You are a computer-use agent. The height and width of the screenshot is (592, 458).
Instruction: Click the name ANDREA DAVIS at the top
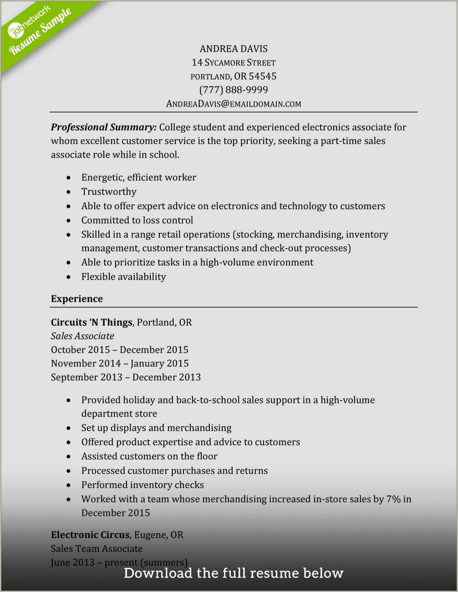234,49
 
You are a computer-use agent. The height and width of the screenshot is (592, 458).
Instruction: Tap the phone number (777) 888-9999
234,90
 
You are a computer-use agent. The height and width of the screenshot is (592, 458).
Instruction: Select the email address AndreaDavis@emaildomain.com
234,104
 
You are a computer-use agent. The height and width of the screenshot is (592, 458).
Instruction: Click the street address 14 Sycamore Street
234,62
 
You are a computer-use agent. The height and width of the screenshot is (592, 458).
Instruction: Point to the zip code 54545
263,76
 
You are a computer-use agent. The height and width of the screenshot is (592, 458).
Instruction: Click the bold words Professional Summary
104,127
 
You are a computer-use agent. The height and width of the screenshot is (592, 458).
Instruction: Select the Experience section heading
77,299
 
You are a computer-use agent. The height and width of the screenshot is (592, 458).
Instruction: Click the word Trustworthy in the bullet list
109,192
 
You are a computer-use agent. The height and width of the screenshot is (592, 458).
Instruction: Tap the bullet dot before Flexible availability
68,277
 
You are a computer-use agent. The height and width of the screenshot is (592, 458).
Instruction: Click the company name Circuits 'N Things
92,322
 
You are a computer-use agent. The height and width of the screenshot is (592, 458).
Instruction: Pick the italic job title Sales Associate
82,336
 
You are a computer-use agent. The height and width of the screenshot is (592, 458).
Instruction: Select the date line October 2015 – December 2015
119,350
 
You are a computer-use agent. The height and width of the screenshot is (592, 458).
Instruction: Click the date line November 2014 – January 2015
120,363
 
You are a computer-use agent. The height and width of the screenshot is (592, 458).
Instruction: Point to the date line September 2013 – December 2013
126,377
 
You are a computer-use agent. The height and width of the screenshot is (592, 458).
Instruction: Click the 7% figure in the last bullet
393,499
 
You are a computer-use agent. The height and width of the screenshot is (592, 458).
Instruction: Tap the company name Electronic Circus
90,535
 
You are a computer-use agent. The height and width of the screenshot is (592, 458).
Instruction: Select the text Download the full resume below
234,573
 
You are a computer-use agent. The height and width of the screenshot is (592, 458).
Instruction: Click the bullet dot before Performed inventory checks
68,485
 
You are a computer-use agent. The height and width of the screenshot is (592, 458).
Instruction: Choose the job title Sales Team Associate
97,549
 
